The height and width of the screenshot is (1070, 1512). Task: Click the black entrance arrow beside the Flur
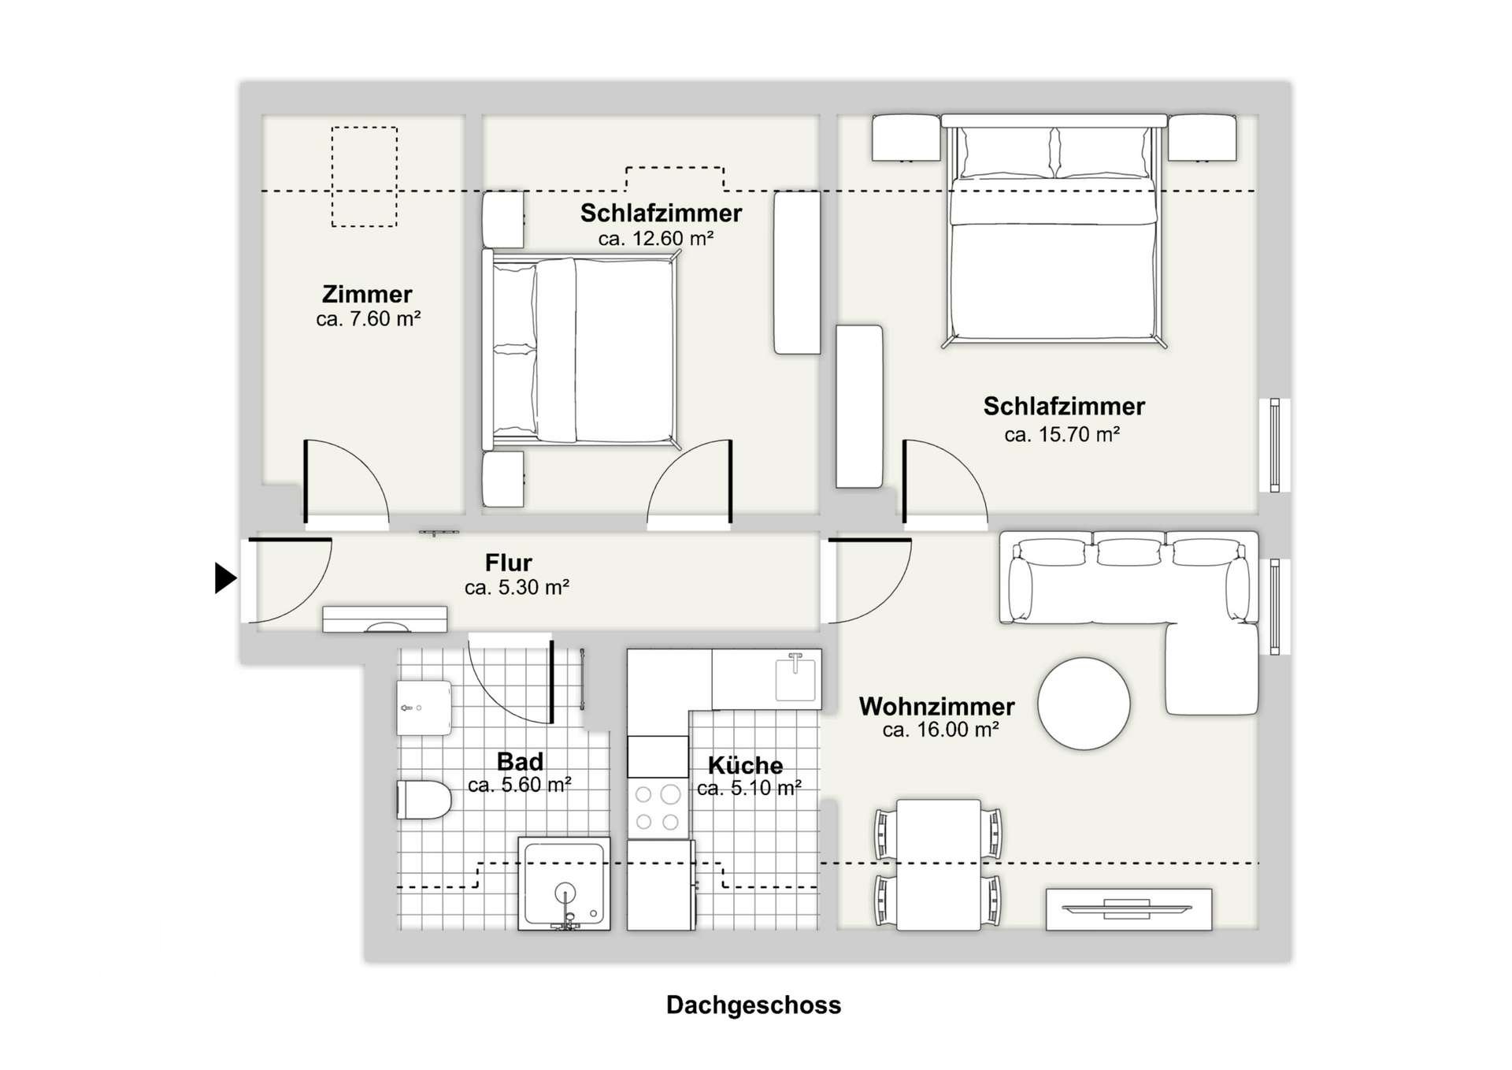[x=224, y=578]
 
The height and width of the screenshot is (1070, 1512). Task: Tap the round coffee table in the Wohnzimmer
[x=1084, y=703]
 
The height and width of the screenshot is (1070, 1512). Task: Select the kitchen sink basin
[x=795, y=678]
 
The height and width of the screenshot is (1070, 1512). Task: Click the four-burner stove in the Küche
[x=658, y=808]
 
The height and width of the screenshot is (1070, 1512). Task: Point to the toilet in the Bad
[x=423, y=799]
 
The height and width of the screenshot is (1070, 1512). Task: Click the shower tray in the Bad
[x=564, y=883]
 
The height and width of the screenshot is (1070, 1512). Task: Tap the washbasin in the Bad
[x=424, y=707]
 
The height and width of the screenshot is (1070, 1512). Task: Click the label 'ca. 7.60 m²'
[x=368, y=319]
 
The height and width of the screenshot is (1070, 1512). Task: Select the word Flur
[x=508, y=563]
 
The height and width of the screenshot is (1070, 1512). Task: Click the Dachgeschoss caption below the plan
[x=753, y=1005]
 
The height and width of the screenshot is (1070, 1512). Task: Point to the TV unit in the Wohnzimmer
[x=1128, y=908]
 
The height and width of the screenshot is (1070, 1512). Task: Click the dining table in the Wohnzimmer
[x=938, y=864]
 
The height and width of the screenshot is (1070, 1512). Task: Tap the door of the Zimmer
[x=306, y=481]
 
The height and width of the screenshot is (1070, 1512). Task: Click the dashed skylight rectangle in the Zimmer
[x=364, y=177]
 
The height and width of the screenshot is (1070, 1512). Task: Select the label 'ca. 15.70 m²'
[x=1062, y=434]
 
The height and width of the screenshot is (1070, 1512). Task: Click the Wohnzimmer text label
[x=936, y=706]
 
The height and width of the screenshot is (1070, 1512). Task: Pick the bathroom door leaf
[x=551, y=681]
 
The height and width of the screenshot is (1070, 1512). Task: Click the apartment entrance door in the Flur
[x=290, y=541]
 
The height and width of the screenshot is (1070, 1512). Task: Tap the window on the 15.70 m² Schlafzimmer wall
[x=1274, y=445]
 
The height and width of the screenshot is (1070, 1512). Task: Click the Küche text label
[x=745, y=765]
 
